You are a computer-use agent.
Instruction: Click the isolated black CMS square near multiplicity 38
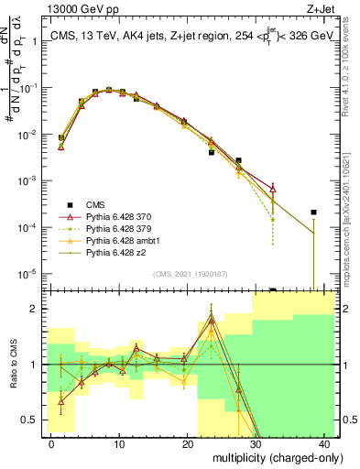(313, 213)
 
